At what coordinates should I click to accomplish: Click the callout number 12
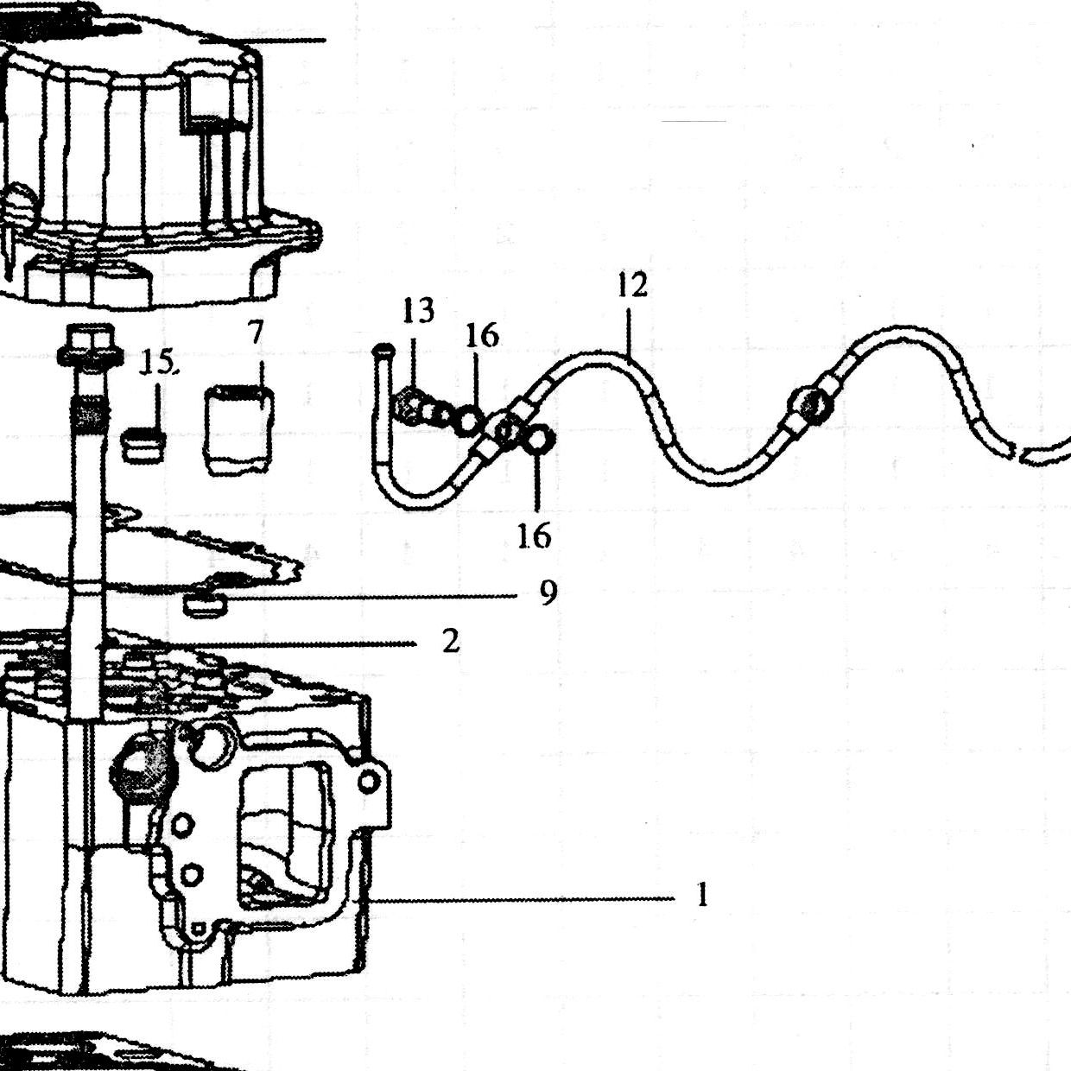[632, 286]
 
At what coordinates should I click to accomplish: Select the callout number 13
[419, 311]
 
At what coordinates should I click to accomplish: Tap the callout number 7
[255, 333]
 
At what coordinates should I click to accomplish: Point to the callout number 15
[157, 363]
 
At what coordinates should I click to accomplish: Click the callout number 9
[548, 594]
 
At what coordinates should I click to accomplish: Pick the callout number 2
[451, 642]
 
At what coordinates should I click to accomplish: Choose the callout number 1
[702, 895]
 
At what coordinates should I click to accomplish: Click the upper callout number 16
[482, 336]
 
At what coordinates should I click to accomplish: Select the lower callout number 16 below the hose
[534, 535]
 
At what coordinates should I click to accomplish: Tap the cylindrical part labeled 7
[239, 431]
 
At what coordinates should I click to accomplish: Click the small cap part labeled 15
[143, 445]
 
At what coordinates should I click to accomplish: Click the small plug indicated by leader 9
[205, 604]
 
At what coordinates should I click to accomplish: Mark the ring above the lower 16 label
[537, 439]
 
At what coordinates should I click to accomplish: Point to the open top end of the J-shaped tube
[384, 351]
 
